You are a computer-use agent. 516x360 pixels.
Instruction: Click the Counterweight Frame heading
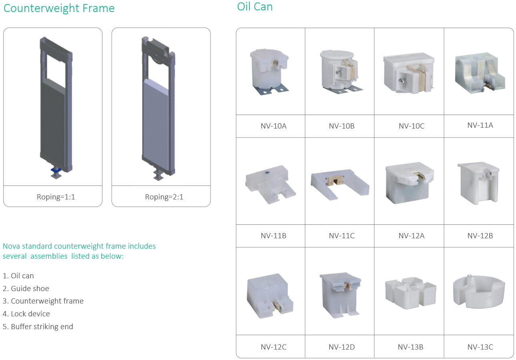tap(59, 8)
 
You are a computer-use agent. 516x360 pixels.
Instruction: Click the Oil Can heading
tap(255, 7)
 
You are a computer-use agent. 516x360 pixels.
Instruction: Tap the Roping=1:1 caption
tap(56, 197)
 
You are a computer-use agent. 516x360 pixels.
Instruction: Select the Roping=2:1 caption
tap(164, 197)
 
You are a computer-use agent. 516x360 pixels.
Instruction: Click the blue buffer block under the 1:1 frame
tap(56, 170)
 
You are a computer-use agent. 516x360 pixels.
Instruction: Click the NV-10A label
tap(273, 126)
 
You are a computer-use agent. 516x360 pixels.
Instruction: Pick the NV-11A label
tap(480, 125)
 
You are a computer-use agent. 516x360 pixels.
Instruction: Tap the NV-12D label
tap(341, 347)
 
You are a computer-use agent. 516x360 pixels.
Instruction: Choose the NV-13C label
tap(480, 347)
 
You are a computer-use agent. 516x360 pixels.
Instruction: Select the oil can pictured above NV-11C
tap(340, 184)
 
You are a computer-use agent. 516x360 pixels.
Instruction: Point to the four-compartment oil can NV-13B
tap(410, 293)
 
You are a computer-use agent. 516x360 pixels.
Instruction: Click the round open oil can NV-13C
tap(479, 291)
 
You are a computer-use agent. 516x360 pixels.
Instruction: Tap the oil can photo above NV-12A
tap(410, 183)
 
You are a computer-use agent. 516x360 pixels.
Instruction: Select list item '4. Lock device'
tap(26, 314)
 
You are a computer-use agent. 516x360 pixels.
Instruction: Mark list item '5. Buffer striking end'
tap(38, 327)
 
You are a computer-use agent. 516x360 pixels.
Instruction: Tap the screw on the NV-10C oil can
tap(402, 80)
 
